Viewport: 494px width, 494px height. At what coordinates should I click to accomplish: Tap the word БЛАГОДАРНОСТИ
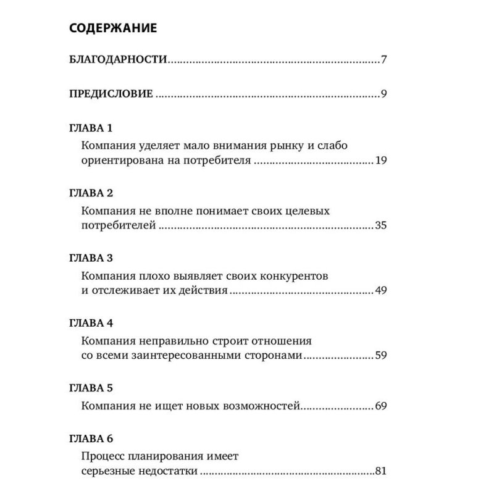coord(117,61)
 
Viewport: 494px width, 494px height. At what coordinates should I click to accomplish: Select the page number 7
coord(383,61)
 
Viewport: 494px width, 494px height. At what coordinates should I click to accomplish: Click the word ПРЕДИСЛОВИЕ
coord(111,94)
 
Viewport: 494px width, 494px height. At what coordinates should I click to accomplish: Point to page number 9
coord(383,94)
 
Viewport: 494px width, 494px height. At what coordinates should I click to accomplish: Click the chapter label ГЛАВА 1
coord(90,128)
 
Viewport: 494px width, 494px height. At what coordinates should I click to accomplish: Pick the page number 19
coord(380,162)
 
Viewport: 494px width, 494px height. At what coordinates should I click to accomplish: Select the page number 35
coord(380,227)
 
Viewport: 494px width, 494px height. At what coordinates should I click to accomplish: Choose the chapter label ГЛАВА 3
coord(90,258)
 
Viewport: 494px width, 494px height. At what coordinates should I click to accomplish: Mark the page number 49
coord(380,291)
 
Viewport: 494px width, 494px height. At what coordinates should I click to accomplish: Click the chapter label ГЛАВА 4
coord(90,323)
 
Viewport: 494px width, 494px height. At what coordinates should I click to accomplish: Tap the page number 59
coord(380,356)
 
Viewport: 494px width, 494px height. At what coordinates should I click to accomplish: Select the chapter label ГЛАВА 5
coord(90,389)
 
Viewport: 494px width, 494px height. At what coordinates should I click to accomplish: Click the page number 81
coord(380,472)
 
